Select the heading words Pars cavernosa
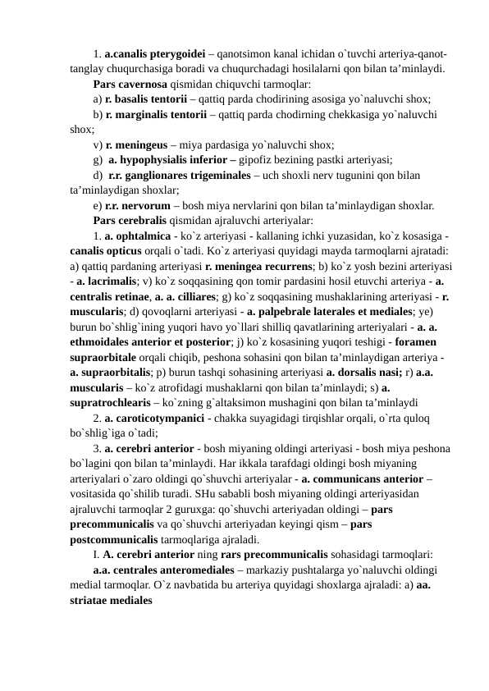coord(130,83)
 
